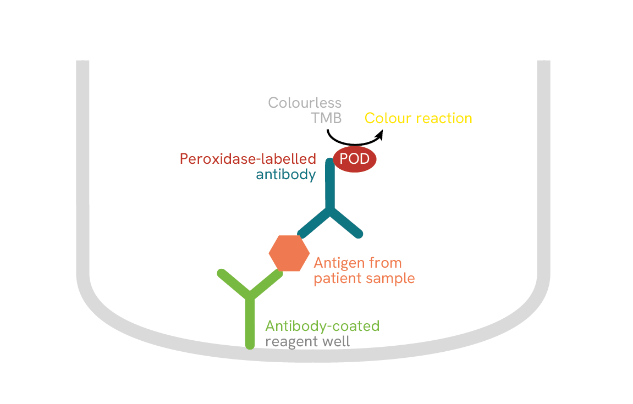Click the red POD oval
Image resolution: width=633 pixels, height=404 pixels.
coord(355,159)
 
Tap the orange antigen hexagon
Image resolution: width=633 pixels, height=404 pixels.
coord(289,253)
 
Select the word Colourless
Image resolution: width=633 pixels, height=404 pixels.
coord(305,103)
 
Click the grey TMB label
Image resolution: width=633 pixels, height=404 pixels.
coord(326,118)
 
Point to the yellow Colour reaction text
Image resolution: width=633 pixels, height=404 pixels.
coord(418,118)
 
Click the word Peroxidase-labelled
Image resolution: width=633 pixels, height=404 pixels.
coord(248,159)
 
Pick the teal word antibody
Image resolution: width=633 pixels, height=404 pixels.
coord(286,175)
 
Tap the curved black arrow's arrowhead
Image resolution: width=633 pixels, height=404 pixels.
coord(380,134)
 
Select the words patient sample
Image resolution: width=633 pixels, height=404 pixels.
coord(364,278)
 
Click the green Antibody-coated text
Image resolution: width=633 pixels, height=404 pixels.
coord(322,326)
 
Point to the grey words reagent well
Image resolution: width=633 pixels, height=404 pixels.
coord(307,341)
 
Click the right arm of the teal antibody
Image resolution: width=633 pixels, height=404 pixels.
coord(346,223)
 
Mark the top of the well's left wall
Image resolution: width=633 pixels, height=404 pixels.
coord(82,62)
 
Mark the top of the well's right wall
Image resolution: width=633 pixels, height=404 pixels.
coord(543,62)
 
